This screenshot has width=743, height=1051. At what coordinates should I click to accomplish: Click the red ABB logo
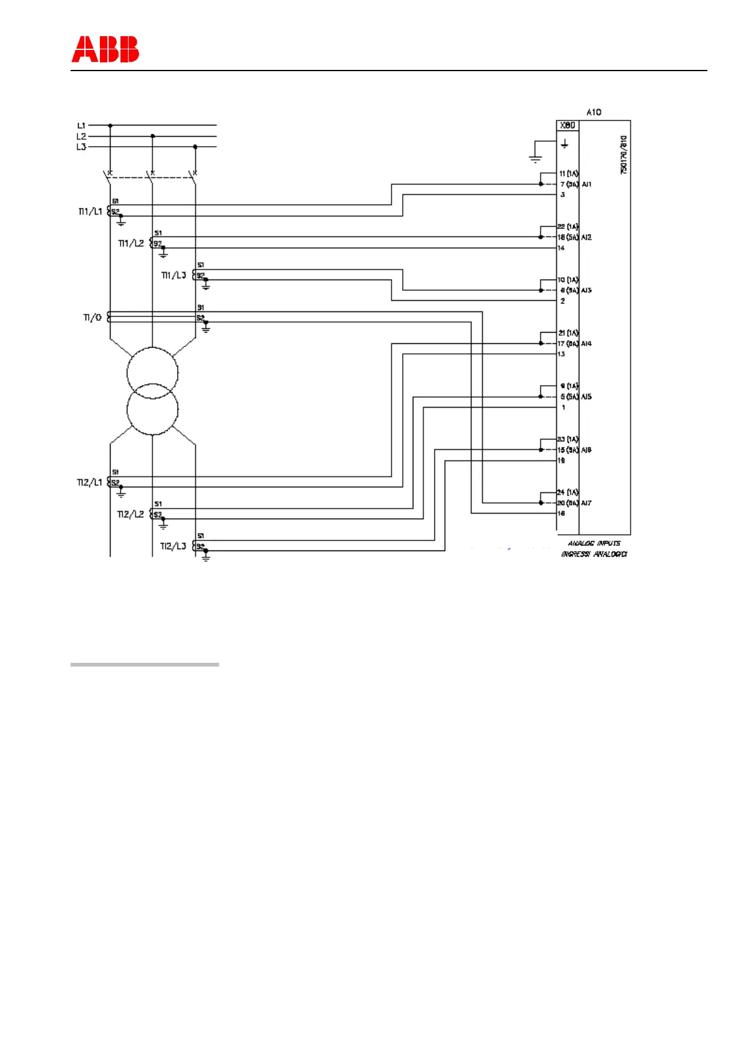(105, 49)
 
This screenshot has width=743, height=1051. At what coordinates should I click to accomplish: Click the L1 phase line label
(81, 125)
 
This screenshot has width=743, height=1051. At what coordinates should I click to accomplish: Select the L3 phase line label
(81, 147)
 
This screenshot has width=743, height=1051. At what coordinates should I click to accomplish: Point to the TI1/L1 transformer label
(90, 212)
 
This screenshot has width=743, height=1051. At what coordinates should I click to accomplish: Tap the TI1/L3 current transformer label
(174, 275)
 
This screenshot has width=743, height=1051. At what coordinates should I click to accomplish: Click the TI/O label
(92, 318)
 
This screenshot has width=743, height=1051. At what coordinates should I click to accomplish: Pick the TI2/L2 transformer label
(130, 514)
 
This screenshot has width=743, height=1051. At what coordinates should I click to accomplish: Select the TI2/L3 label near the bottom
(173, 546)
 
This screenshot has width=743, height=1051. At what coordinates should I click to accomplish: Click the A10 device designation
(594, 112)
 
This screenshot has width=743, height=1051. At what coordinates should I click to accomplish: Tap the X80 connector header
(568, 125)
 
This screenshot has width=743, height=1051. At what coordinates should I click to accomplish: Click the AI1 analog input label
(587, 184)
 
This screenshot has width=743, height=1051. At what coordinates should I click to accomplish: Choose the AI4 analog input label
(587, 343)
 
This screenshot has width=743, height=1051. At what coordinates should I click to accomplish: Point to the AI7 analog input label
(587, 502)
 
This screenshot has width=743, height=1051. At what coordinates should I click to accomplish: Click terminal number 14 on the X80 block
(561, 248)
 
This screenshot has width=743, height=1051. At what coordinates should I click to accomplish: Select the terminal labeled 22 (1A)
(568, 227)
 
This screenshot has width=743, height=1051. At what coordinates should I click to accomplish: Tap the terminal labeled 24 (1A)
(568, 492)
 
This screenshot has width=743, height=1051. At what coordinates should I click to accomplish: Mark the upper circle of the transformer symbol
(152, 373)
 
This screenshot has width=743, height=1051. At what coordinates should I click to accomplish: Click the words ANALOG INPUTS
(594, 544)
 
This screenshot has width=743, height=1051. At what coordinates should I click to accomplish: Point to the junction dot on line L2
(153, 136)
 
